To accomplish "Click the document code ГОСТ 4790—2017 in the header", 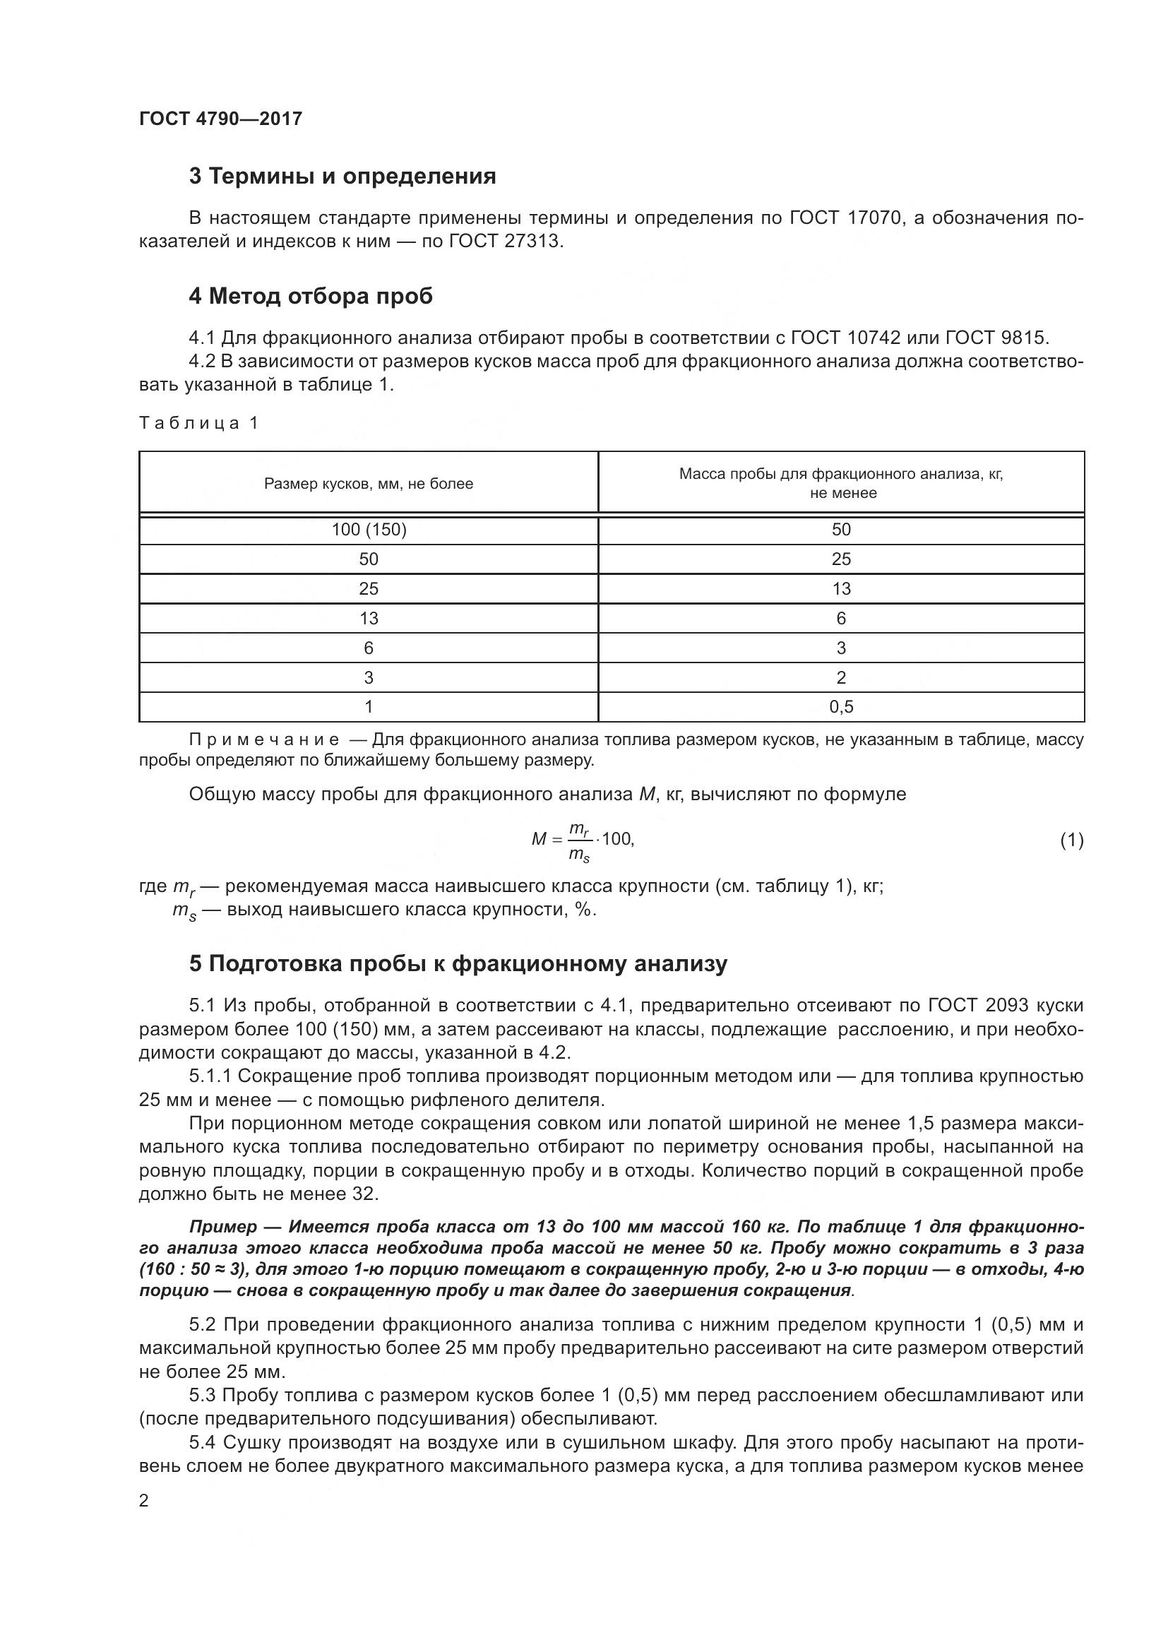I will [x=220, y=119].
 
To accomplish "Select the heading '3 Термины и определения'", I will [x=342, y=177].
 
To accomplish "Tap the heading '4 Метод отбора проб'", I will [x=311, y=296].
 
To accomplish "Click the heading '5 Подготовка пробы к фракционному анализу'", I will [x=458, y=963].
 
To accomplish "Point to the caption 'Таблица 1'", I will [x=198, y=423].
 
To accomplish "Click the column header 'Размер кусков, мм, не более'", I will [x=368, y=484].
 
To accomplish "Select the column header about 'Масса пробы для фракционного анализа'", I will [x=841, y=483].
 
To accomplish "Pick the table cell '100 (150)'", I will [x=368, y=530].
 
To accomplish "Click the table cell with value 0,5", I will [x=841, y=706].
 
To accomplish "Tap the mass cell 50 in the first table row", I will [x=841, y=530].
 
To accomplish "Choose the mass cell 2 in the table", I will [x=841, y=677].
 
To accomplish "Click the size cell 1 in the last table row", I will [x=368, y=706].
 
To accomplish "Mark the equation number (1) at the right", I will [x=1072, y=840].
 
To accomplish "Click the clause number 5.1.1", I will [x=210, y=1076].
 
